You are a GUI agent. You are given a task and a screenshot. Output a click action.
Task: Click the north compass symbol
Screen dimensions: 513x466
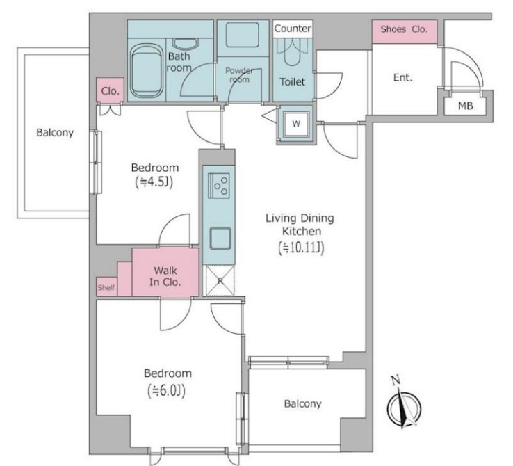pyautogui.click(x=404, y=405)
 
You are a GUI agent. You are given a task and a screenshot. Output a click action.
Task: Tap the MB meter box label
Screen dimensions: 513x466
pyautogui.click(x=465, y=106)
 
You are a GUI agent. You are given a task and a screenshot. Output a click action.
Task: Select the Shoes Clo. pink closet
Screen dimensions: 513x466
pyautogui.click(x=405, y=31)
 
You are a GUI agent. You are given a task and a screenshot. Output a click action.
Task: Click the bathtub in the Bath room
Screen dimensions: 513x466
pyautogui.click(x=147, y=70)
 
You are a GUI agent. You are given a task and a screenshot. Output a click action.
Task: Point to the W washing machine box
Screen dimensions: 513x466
pyautogui.click(x=296, y=124)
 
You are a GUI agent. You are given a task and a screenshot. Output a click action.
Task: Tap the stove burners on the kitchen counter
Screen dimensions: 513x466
pyautogui.click(x=219, y=186)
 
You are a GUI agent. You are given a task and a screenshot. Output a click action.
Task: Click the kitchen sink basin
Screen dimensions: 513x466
pyautogui.click(x=220, y=238)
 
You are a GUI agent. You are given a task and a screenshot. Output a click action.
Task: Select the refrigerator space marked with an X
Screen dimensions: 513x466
pyautogui.click(x=220, y=280)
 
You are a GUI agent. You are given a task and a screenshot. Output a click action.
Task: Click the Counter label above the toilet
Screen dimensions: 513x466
pyautogui.click(x=293, y=29)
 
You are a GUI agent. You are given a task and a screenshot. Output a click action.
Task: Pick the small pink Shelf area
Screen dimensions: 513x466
pyautogui.click(x=106, y=287)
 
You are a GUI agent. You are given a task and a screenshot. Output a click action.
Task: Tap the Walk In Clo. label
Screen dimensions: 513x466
pyautogui.click(x=165, y=276)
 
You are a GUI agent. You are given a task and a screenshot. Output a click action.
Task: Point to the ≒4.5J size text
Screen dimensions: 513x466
pyautogui.click(x=154, y=182)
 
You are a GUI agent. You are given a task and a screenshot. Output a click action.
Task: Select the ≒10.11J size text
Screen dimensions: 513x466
pyautogui.click(x=301, y=248)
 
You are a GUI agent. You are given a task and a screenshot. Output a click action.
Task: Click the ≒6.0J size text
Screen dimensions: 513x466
pyautogui.click(x=167, y=390)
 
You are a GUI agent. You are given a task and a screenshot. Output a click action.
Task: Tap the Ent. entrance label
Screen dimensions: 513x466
pyautogui.click(x=402, y=78)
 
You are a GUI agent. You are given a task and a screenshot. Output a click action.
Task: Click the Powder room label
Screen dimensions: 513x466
pyautogui.click(x=240, y=75)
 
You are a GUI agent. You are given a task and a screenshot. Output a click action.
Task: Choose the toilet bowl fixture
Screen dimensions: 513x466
pyautogui.click(x=292, y=51)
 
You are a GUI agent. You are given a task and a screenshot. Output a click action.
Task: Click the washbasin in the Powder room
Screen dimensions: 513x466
pyautogui.click(x=243, y=34)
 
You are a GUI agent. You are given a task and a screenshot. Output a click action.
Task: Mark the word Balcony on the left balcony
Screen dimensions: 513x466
pyautogui.click(x=55, y=133)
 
